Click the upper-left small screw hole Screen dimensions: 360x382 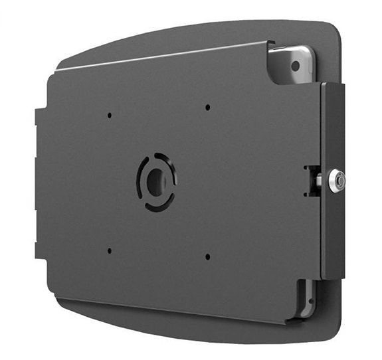coord(110,115)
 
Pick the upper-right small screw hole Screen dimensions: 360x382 coord(208,106)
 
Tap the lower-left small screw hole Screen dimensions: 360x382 coord(110,250)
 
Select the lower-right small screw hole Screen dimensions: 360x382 coord(208,256)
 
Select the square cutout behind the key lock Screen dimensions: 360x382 coord(311,180)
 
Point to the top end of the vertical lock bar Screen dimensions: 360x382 coord(332,86)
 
